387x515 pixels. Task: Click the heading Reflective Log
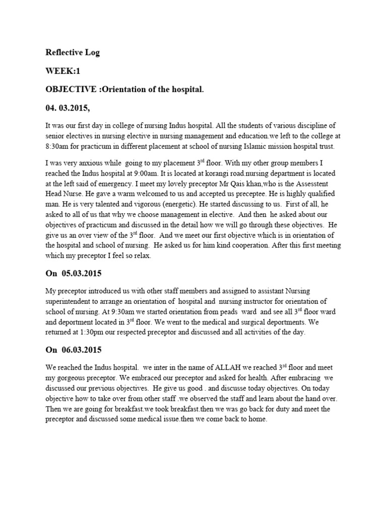[x=73, y=53]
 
